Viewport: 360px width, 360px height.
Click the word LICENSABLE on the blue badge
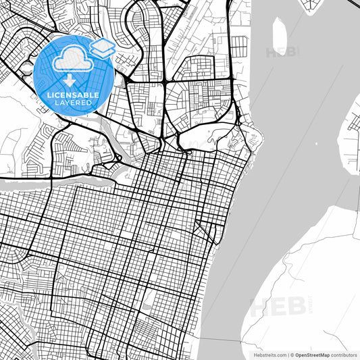72,95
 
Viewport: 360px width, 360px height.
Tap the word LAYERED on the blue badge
72,103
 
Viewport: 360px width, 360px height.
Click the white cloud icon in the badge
72,61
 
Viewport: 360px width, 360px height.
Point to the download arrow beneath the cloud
71,80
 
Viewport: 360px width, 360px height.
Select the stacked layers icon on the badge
101,48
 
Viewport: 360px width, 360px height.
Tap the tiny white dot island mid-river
316,144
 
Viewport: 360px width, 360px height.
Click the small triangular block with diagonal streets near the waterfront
201,228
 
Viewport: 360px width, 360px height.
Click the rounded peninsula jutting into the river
253,138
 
